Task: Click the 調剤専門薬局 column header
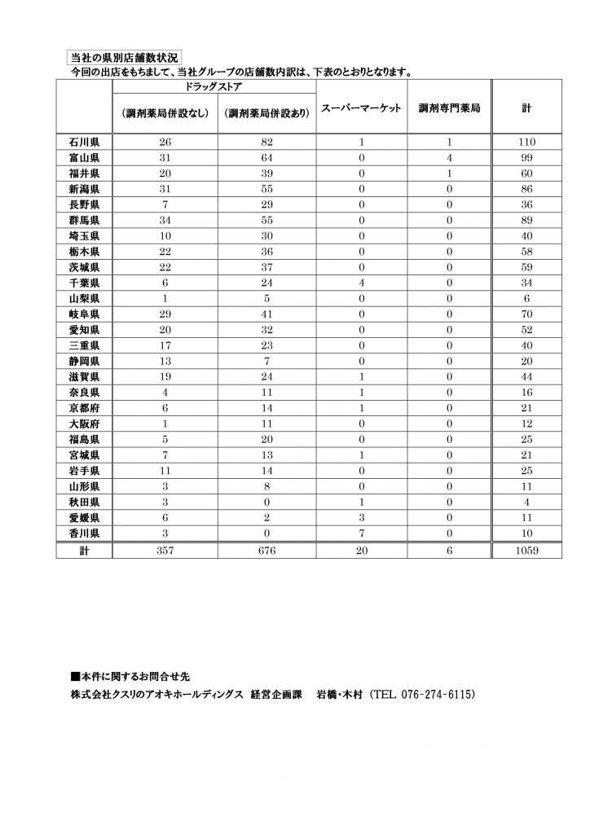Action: click(449, 108)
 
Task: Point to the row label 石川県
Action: click(84, 142)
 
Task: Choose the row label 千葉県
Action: click(84, 282)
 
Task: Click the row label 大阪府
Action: click(84, 424)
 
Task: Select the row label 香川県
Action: click(84, 533)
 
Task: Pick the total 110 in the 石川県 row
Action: click(526, 142)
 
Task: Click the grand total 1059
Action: click(526, 551)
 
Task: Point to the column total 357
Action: click(165, 551)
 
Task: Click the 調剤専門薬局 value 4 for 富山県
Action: click(449, 157)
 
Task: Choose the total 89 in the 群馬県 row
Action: click(526, 220)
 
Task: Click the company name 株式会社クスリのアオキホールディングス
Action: click(157, 695)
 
